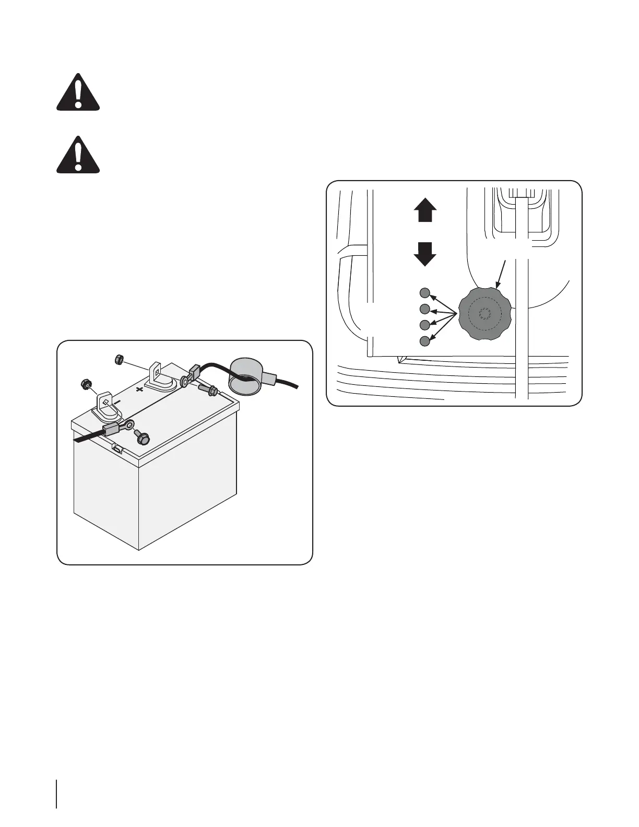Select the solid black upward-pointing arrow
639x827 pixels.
425,211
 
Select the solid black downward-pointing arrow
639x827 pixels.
425,254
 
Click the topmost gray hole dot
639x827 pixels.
425,292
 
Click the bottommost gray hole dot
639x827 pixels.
425,341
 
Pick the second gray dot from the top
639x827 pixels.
425,309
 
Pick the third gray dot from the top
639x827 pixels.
425,325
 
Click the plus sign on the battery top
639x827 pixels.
139,389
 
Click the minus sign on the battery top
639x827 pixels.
118,403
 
